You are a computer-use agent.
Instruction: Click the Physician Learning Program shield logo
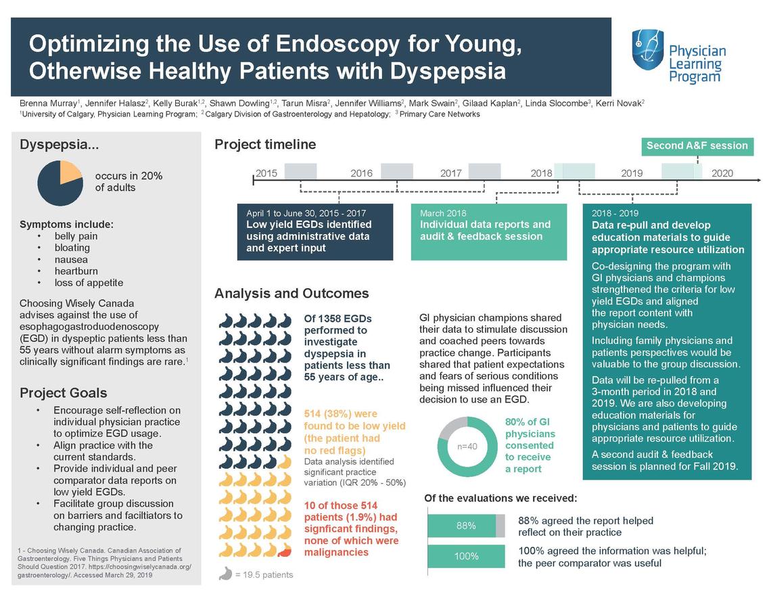pyautogui.click(x=647, y=49)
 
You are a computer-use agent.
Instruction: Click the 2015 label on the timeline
pyautogui.click(x=266, y=173)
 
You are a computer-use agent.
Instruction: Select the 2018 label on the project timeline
pyautogui.click(x=541, y=173)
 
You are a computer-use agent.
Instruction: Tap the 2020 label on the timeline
pyautogui.click(x=722, y=173)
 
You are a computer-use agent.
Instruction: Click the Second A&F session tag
pyautogui.click(x=697, y=146)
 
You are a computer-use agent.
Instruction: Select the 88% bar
pyautogui.click(x=466, y=526)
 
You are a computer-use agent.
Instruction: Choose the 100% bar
pyautogui.click(x=466, y=556)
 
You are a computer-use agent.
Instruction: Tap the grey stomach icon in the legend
pyautogui.click(x=225, y=574)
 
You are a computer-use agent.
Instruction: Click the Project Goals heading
pyautogui.click(x=64, y=393)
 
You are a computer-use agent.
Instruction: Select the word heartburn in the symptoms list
pyautogui.click(x=78, y=271)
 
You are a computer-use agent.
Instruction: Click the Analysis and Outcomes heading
pyautogui.click(x=291, y=294)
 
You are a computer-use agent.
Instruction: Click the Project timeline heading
pyautogui.click(x=265, y=144)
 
